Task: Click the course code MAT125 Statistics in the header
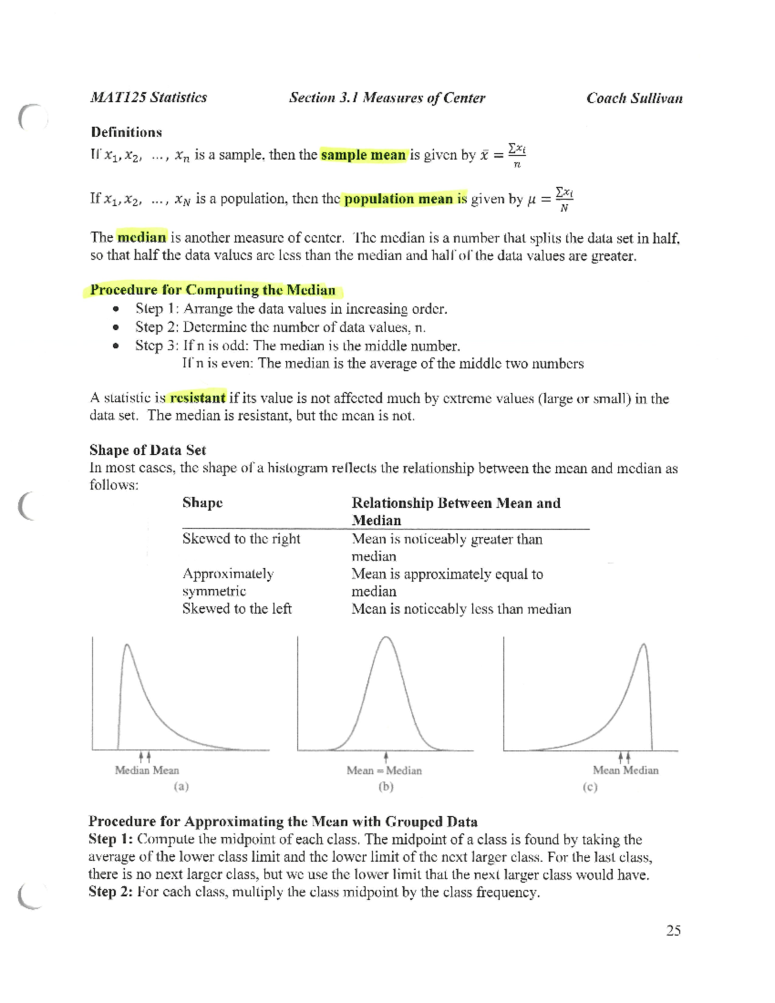[149, 98]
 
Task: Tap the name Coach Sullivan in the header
[634, 98]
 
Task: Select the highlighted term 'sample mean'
[363, 155]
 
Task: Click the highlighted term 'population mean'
[398, 199]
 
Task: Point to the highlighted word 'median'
[141, 237]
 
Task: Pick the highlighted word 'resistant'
[197, 398]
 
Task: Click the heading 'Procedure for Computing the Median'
[212, 290]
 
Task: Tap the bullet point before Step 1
[116, 309]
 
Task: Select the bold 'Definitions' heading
[126, 132]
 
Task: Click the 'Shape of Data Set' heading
[147, 450]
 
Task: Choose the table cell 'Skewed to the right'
[241, 539]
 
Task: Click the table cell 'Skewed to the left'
[236, 608]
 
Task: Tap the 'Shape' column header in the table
[202, 503]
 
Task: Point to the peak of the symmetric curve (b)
[386, 638]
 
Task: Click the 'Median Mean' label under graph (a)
[147, 770]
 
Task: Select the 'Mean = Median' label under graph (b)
[384, 770]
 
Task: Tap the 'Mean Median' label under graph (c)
[625, 770]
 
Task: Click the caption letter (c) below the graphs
[590, 787]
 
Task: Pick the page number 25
[673, 930]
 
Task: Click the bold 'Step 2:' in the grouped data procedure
[111, 892]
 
